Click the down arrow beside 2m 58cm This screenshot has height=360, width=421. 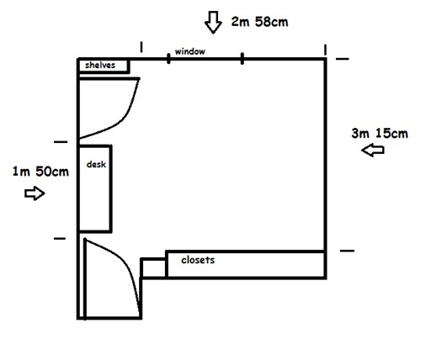(213, 23)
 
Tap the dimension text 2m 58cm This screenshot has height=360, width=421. (259, 22)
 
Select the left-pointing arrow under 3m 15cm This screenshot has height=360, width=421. (373, 150)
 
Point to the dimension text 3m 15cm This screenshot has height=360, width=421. (380, 134)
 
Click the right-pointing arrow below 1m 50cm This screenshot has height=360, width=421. (35, 193)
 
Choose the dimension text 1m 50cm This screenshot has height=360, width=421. (40, 172)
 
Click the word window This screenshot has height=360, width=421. (190, 51)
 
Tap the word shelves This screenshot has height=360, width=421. (100, 65)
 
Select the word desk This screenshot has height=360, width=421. (96, 164)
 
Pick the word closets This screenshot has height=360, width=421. (198, 260)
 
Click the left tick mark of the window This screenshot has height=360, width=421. (168, 59)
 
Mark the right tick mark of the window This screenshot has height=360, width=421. (242, 59)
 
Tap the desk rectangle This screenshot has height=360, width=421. (111, 188)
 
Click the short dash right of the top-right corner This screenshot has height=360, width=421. (343, 59)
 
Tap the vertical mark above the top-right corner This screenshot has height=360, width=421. (325, 50)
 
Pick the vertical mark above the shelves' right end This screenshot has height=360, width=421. (141, 47)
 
